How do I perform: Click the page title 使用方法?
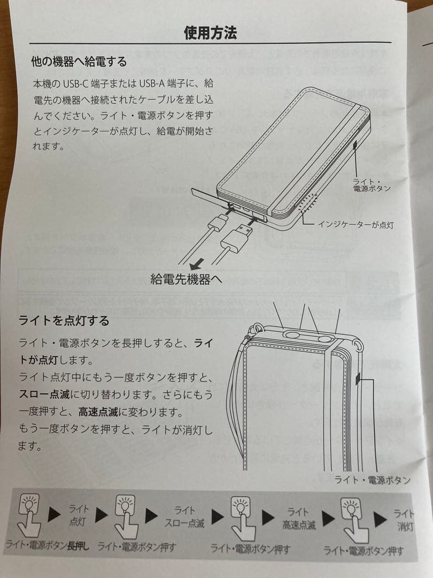210,33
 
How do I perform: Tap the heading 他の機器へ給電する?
79,62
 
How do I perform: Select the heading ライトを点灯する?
64,321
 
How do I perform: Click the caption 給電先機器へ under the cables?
186,278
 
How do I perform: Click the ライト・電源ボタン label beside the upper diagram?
372,185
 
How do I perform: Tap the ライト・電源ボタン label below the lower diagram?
373,480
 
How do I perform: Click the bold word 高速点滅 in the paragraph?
99,413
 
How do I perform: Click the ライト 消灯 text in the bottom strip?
405,520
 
